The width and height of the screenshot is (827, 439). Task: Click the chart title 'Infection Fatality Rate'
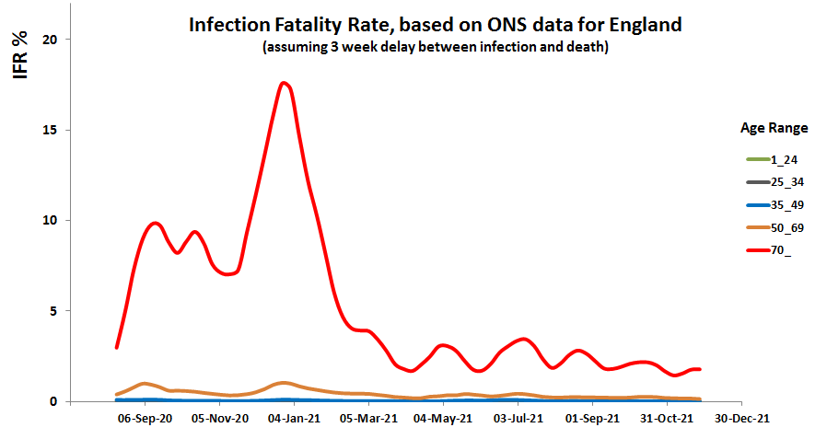435,25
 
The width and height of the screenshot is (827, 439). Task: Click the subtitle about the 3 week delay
435,47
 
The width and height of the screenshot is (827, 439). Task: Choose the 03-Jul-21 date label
518,418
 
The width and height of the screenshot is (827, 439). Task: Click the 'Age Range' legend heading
775,127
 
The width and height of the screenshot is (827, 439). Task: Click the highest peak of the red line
285,83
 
